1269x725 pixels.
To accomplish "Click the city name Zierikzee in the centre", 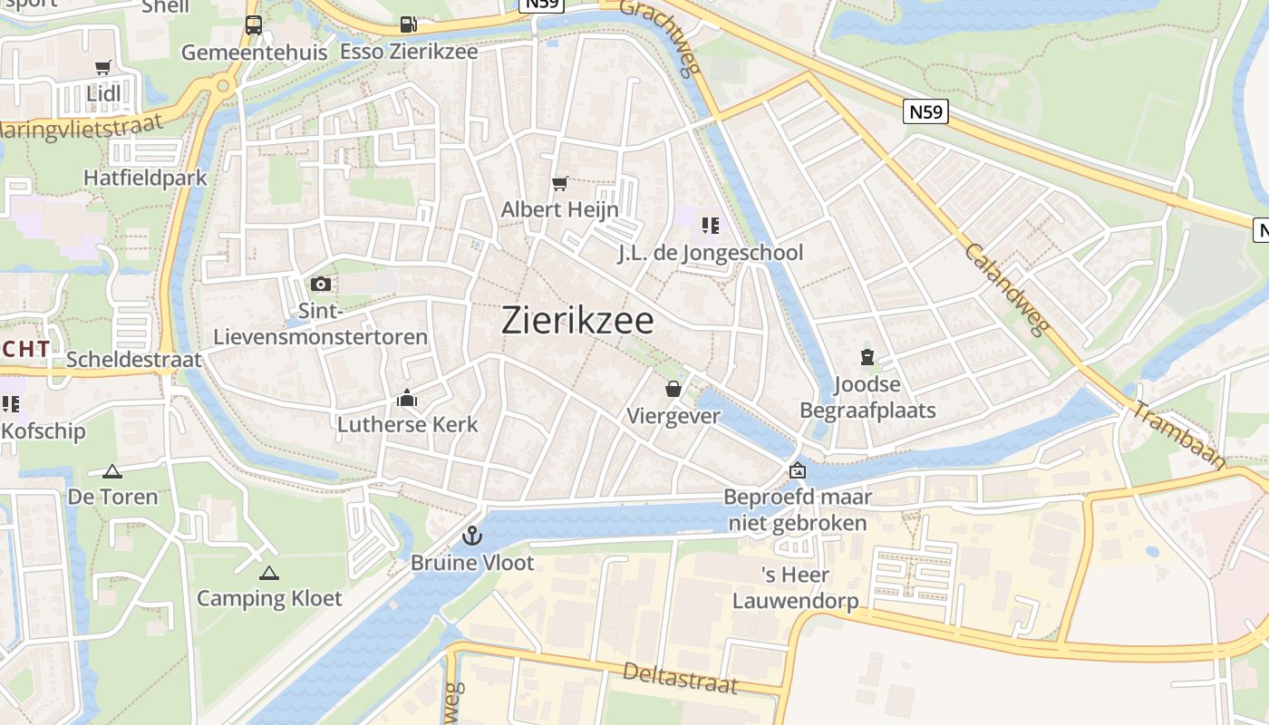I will [577, 321].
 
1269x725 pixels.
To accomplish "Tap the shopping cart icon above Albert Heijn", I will [560, 184].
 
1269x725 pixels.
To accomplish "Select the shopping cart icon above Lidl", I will [103, 68].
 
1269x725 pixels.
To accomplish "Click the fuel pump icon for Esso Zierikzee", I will [409, 25].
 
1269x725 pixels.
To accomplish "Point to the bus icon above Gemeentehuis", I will [254, 25].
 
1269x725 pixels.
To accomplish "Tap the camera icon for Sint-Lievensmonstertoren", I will [321, 285].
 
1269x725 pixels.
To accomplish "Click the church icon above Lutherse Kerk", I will [407, 398].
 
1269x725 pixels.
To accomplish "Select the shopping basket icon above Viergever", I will [673, 390].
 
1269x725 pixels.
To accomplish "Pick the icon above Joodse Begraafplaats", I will [867, 358].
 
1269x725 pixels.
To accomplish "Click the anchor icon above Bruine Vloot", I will [471, 536].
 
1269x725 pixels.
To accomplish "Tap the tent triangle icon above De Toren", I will [112, 471].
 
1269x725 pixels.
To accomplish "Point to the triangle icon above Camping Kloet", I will [269, 573].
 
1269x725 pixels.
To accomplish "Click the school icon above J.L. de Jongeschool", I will [710, 225].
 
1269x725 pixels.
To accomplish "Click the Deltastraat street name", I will [680, 678].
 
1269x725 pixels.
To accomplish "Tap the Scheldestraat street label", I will [134, 360].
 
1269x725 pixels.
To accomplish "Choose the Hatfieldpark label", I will [145, 178].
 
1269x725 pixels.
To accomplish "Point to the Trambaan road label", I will [1178, 436].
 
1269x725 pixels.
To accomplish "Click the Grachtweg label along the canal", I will [658, 36].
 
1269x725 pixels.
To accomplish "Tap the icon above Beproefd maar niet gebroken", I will [798, 470].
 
